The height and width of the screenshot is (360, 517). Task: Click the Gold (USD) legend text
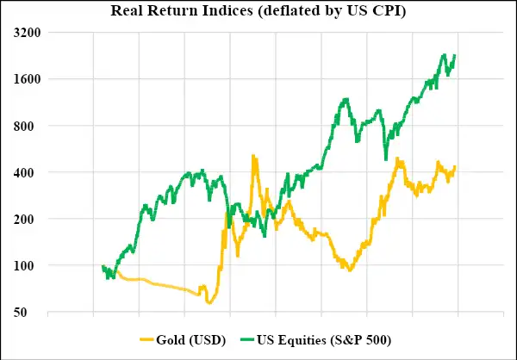point(193,340)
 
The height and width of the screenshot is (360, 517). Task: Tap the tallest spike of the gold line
point(252,156)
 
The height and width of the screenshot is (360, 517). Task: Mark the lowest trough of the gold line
point(209,302)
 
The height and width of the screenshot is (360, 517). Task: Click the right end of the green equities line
point(454,56)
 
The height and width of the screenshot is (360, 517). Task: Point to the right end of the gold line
point(454,166)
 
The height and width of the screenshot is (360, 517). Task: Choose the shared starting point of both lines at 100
point(102,267)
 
